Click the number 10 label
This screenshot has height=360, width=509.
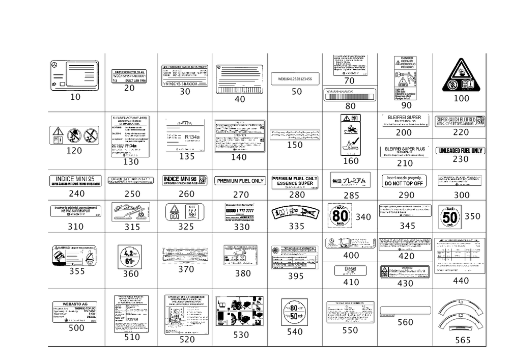(x=75, y=97)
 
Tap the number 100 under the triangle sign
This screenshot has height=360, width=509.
(x=461, y=98)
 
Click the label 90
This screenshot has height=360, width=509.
(x=406, y=105)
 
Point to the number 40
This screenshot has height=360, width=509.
(x=239, y=99)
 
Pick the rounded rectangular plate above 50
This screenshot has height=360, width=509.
(x=295, y=79)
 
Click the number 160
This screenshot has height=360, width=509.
(x=351, y=161)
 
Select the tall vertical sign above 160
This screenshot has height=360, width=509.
(x=351, y=134)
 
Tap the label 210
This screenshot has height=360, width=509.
(x=405, y=163)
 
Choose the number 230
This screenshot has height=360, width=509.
(x=460, y=159)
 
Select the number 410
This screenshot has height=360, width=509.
(x=351, y=282)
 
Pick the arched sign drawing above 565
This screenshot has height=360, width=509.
(x=461, y=316)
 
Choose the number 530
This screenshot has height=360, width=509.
(x=240, y=336)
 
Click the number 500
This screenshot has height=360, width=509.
(x=76, y=328)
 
